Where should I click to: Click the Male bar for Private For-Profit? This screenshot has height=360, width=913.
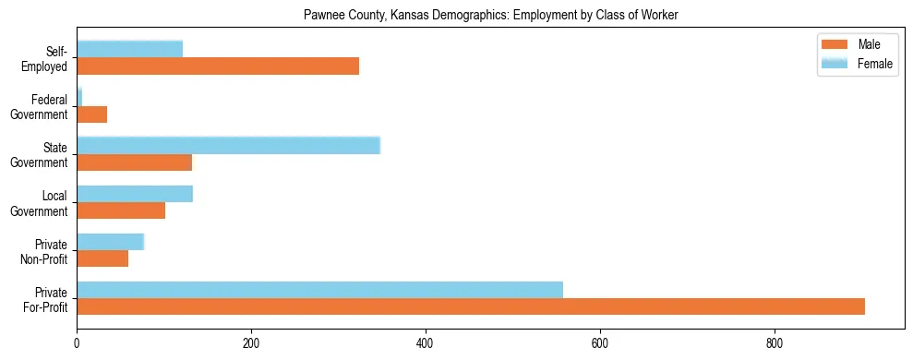tap(471, 306)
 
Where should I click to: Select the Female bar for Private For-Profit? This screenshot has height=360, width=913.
tap(319, 290)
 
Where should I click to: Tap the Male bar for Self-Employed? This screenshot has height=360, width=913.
tap(218, 66)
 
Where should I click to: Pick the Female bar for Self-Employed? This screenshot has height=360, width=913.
tap(129, 49)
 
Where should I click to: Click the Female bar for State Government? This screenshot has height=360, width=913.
tap(228, 145)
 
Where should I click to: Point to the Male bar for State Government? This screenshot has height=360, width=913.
tap(134, 162)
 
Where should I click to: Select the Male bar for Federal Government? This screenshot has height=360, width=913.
tap(91, 114)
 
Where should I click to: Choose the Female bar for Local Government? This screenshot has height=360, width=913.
tap(135, 194)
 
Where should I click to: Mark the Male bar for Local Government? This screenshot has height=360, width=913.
tap(121, 210)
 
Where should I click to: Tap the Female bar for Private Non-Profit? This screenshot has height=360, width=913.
tap(110, 242)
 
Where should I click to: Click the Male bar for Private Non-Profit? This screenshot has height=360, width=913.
tap(102, 258)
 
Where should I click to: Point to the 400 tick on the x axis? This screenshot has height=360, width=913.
tap(426, 331)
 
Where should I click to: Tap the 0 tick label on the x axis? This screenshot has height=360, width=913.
tap(77, 342)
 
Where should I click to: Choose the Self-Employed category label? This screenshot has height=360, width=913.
tap(50, 58)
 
